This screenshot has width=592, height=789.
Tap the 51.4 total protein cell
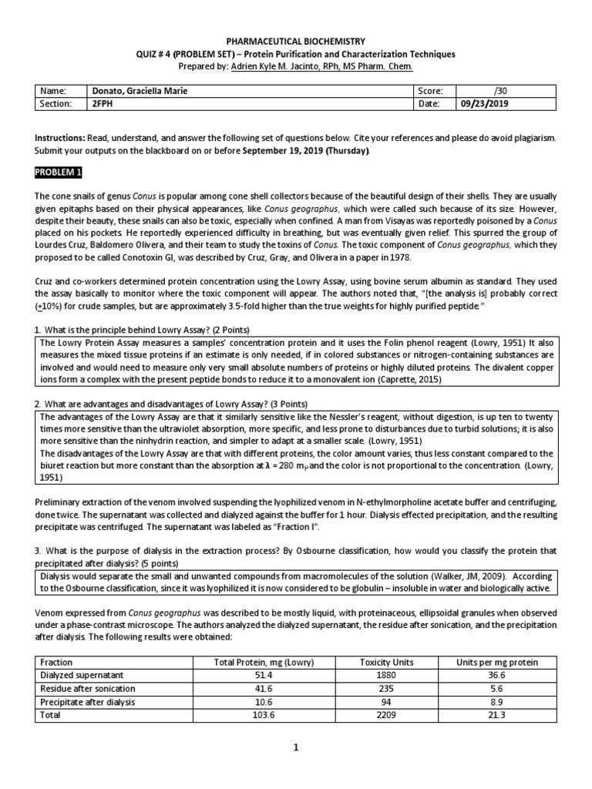coord(264,675)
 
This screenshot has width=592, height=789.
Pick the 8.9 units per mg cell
coord(496,702)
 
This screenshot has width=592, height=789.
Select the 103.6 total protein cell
coord(264,715)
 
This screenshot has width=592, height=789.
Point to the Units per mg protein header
coord(496,662)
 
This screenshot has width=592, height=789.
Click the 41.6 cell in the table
coord(264,688)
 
